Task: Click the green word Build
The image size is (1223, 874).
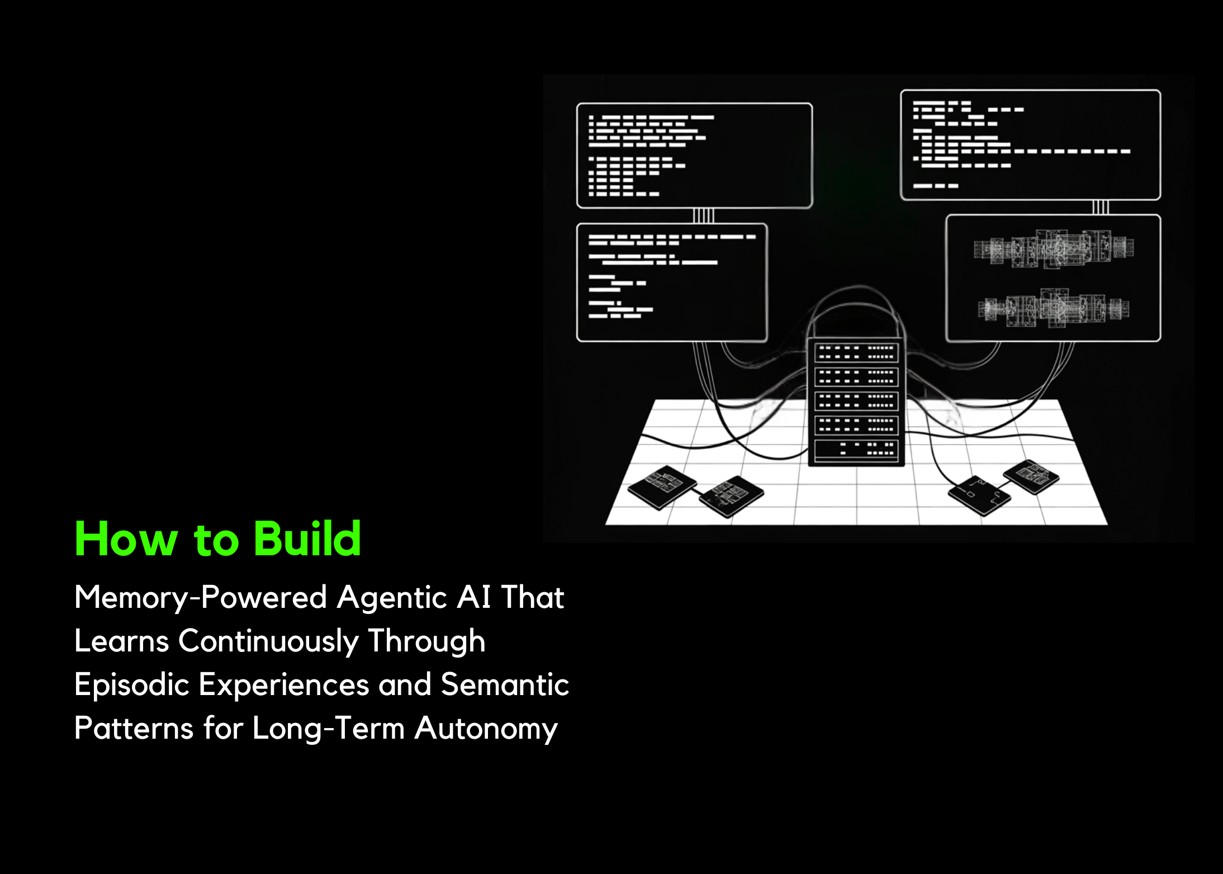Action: tap(307, 538)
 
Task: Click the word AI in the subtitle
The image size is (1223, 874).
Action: tap(474, 597)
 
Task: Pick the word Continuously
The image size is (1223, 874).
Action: tap(268, 641)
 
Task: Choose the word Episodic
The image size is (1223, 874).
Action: tap(132, 685)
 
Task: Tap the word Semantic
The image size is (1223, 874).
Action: tap(505, 684)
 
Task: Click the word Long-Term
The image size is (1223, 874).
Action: tap(328, 729)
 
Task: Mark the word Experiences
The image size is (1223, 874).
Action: tap(284, 686)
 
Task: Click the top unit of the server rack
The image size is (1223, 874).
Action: tap(856, 353)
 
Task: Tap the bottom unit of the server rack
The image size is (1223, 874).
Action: tap(856, 450)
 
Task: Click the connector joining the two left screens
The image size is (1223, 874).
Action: tap(703, 216)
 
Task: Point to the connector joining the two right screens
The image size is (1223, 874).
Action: tap(1100, 207)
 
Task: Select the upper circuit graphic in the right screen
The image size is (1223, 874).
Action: tap(1054, 248)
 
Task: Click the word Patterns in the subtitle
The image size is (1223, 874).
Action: tap(134, 729)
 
